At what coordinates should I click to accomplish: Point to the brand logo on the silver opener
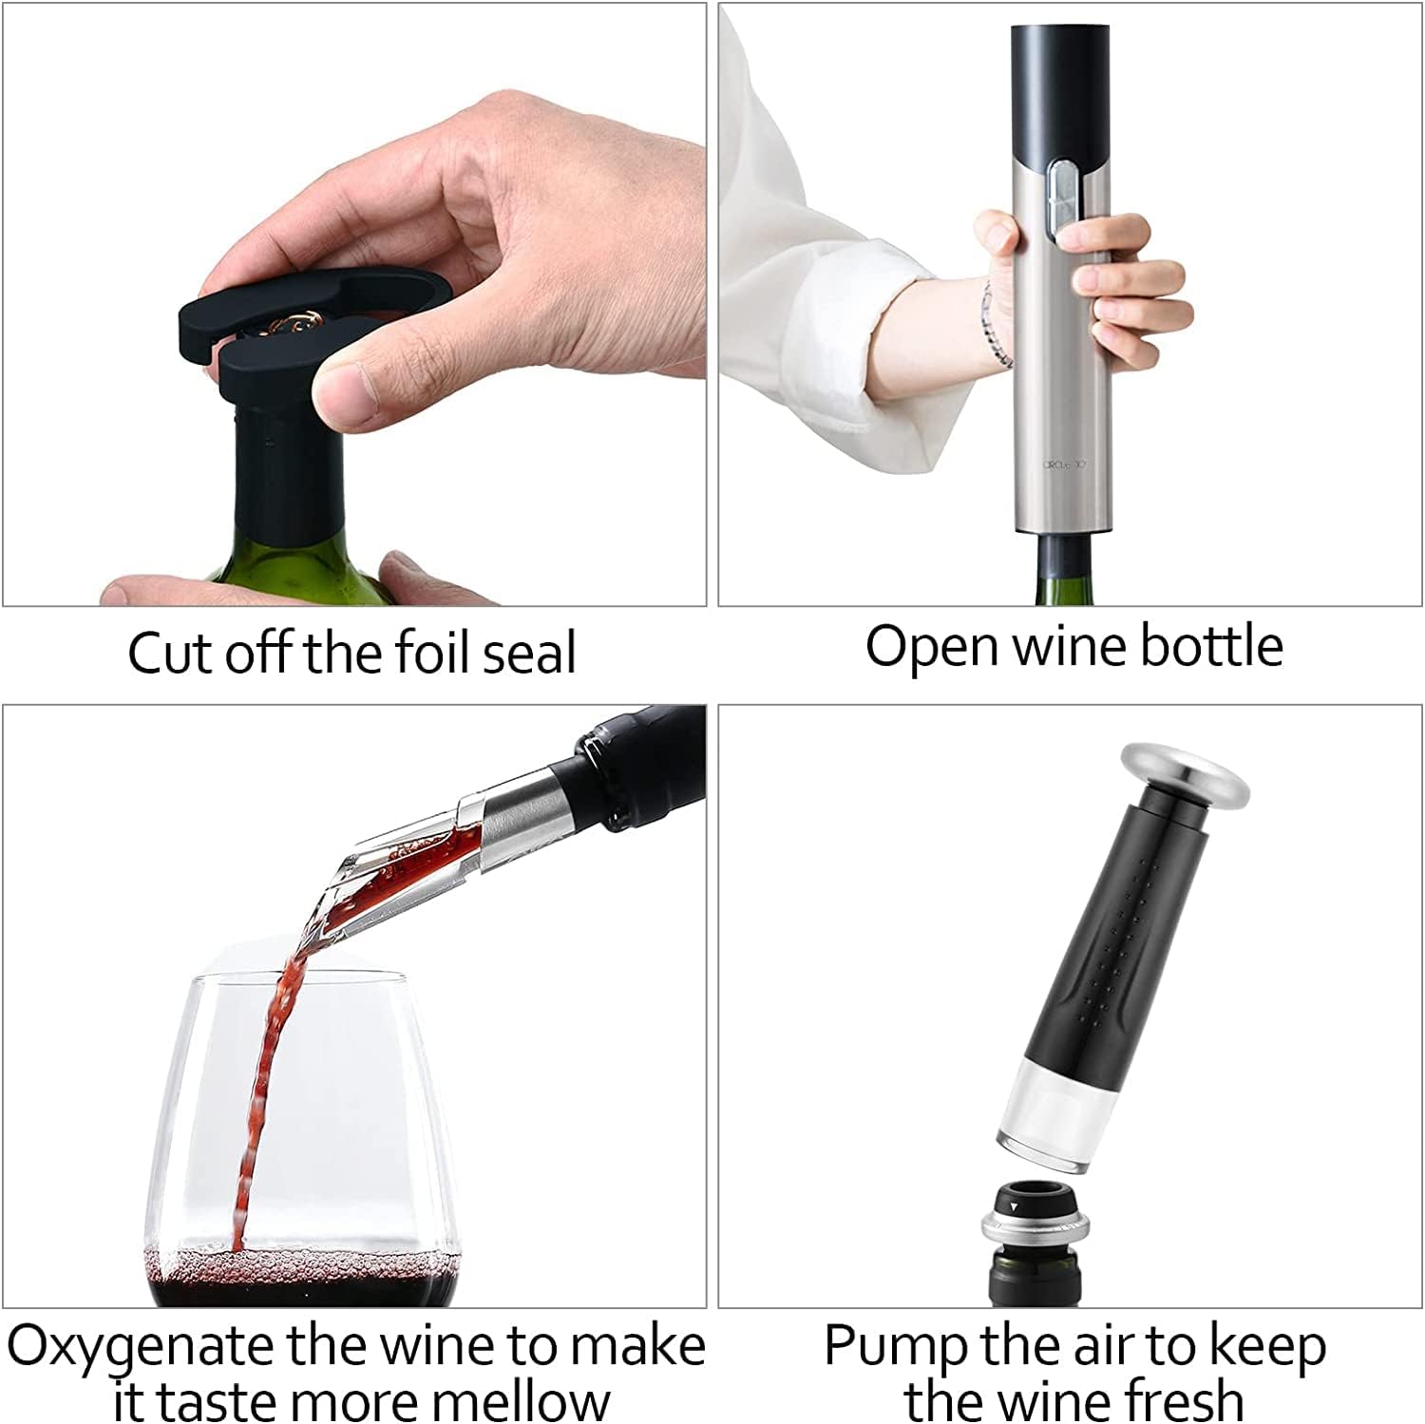click(1065, 465)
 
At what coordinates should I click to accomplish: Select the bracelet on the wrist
click(992, 323)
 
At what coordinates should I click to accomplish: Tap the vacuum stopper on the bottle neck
click(1032, 1225)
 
